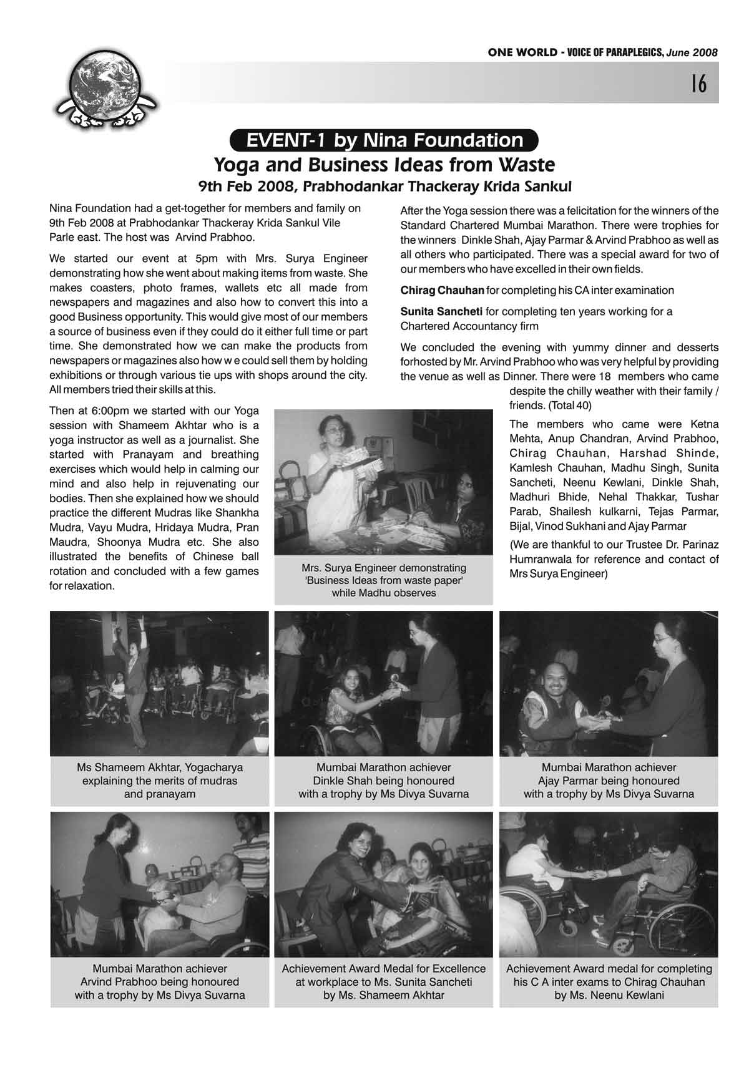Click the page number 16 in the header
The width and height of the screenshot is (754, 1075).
tap(698, 83)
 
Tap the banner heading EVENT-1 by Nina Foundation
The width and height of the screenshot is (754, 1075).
tap(384, 140)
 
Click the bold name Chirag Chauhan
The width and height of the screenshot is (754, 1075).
tap(442, 290)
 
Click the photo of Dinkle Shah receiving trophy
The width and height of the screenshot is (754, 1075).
tap(383, 683)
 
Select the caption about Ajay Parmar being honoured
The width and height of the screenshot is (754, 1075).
tap(609, 781)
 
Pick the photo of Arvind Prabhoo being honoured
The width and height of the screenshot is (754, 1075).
tap(160, 884)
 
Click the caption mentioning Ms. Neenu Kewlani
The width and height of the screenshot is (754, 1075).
tap(609, 995)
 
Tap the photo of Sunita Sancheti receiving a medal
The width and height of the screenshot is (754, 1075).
tap(383, 884)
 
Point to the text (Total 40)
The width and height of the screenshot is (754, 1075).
tap(565, 406)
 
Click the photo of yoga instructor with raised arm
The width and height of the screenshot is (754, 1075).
tap(160, 683)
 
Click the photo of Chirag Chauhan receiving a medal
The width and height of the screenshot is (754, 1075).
tap(609, 884)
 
